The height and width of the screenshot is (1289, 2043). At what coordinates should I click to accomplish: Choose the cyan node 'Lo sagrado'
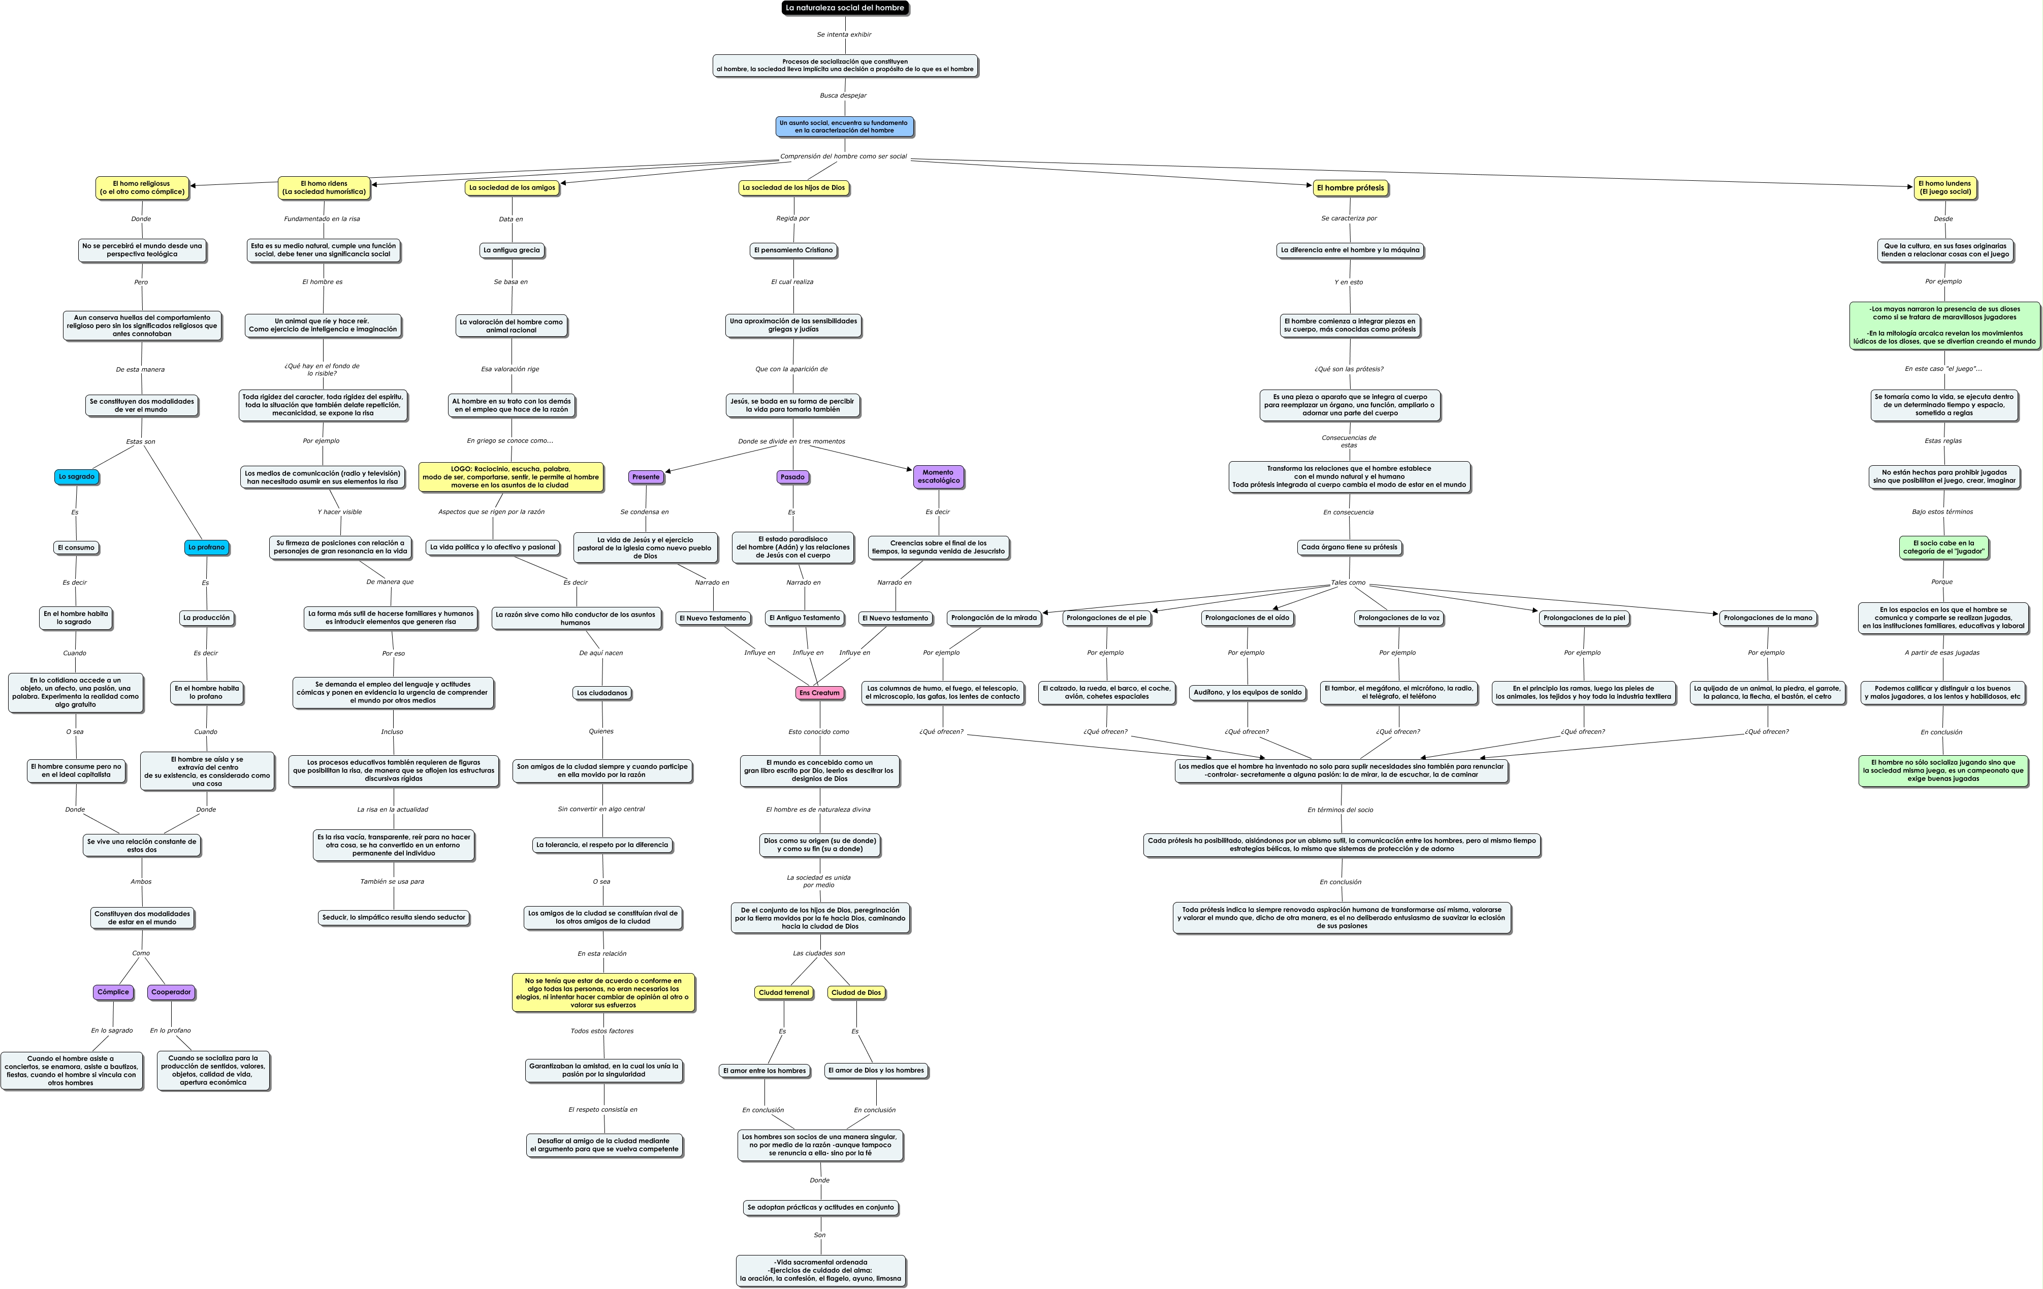pyautogui.click(x=76, y=476)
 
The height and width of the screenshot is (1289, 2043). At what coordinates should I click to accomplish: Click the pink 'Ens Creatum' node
pyautogui.click(x=819, y=693)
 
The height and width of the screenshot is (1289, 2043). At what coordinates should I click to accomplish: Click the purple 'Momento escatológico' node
pyautogui.click(x=938, y=476)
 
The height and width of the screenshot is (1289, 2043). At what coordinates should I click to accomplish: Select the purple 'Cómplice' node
pyautogui.click(x=113, y=992)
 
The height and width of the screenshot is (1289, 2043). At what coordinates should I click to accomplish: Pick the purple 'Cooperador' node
pyautogui.click(x=171, y=992)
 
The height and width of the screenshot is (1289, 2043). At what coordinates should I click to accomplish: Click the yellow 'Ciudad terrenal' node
pyautogui.click(x=783, y=992)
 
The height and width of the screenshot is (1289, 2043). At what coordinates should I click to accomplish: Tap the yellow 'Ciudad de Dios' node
pyautogui.click(x=856, y=992)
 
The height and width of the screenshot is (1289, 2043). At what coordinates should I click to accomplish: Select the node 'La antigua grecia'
pyautogui.click(x=512, y=250)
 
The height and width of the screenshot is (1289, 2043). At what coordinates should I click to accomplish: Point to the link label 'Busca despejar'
pyautogui.click(x=843, y=96)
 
